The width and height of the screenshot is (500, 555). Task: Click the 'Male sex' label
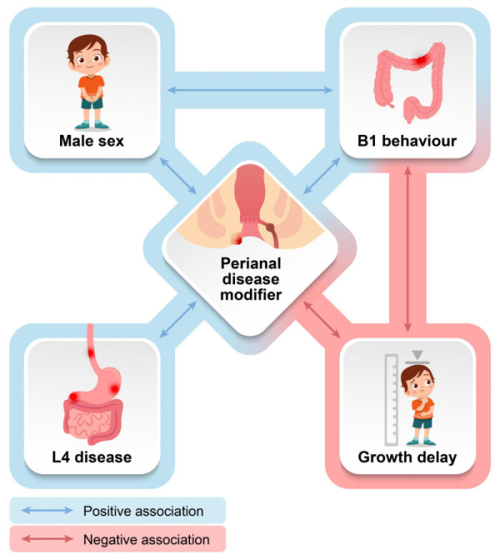(x=92, y=141)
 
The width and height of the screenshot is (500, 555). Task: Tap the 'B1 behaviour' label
(x=407, y=141)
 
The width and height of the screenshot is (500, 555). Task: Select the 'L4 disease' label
(x=92, y=457)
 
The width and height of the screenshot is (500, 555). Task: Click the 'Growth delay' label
(x=407, y=457)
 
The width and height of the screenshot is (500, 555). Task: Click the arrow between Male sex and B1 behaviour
(x=250, y=87)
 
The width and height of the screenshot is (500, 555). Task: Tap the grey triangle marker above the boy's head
(x=418, y=353)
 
